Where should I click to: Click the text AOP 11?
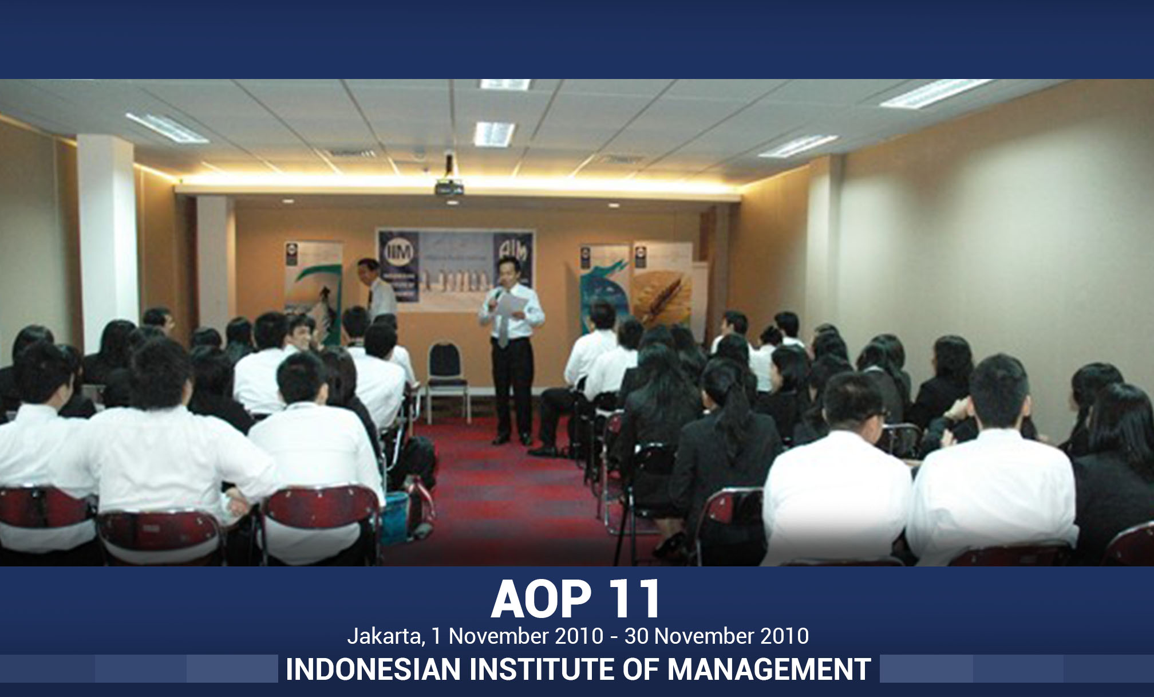click(576, 599)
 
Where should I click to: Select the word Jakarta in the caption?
click(385, 636)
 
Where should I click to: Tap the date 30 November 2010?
click(716, 636)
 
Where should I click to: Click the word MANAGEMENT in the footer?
click(769, 669)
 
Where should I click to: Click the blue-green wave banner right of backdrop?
click(604, 286)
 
